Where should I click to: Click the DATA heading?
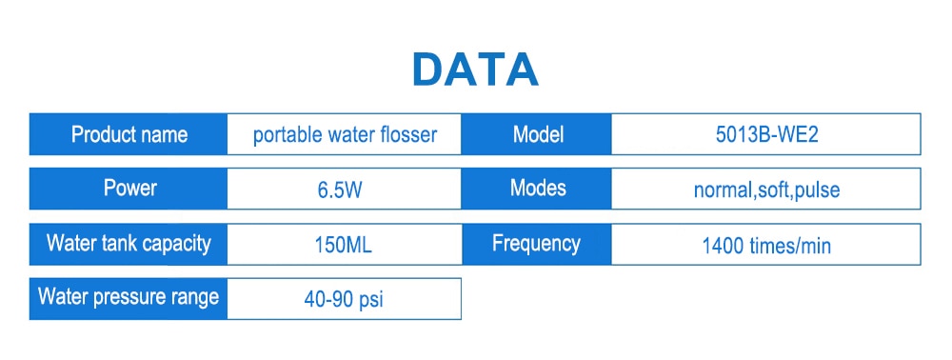(x=475, y=70)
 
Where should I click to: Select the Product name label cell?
(x=129, y=134)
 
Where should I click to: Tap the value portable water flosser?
(x=345, y=134)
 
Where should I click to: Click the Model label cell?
(x=538, y=134)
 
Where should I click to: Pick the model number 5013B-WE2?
(x=766, y=134)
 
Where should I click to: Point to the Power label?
(x=129, y=188)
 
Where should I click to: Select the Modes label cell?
(x=538, y=188)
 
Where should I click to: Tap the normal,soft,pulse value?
(x=766, y=190)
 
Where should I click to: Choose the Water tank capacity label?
(x=129, y=243)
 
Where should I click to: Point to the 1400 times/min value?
(x=766, y=245)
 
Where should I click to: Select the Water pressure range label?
(x=129, y=296)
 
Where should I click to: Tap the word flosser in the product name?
(x=407, y=134)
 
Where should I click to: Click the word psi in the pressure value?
(x=370, y=300)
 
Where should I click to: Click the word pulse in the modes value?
(x=817, y=190)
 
